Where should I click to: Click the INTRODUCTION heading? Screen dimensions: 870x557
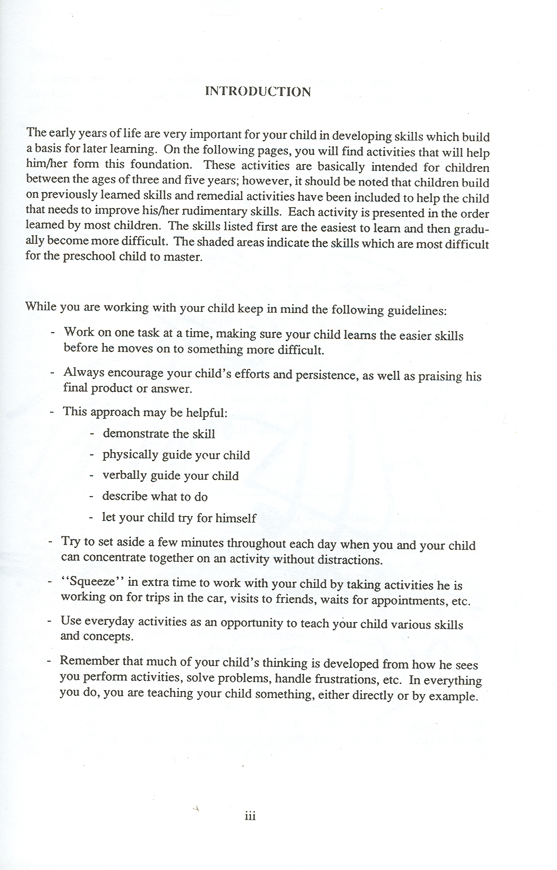click(258, 92)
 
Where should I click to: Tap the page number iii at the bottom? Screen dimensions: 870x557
click(250, 816)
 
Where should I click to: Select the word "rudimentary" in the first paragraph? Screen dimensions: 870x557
click(215, 211)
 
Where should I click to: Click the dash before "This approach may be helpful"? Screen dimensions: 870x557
click(52, 411)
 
